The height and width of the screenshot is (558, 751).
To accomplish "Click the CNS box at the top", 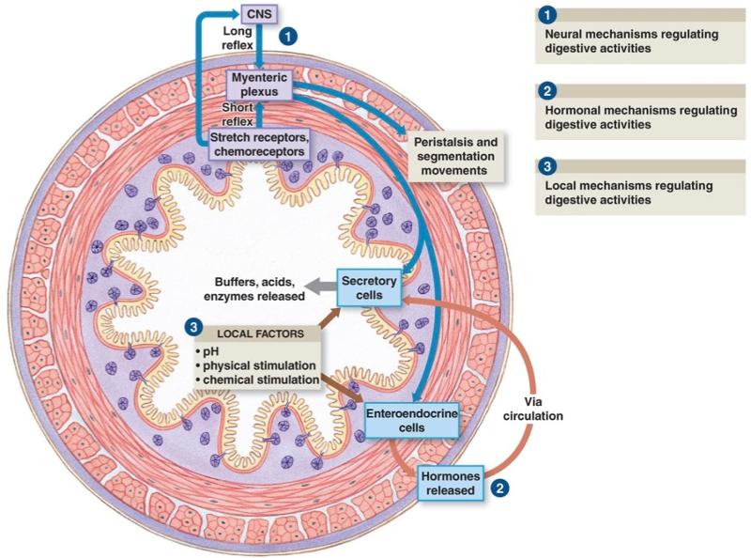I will click(256, 13).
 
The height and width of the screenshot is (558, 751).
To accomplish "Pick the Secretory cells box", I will click(369, 287).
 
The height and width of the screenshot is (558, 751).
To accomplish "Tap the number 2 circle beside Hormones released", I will click(502, 488).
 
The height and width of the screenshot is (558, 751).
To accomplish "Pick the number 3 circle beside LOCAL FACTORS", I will click(193, 328).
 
